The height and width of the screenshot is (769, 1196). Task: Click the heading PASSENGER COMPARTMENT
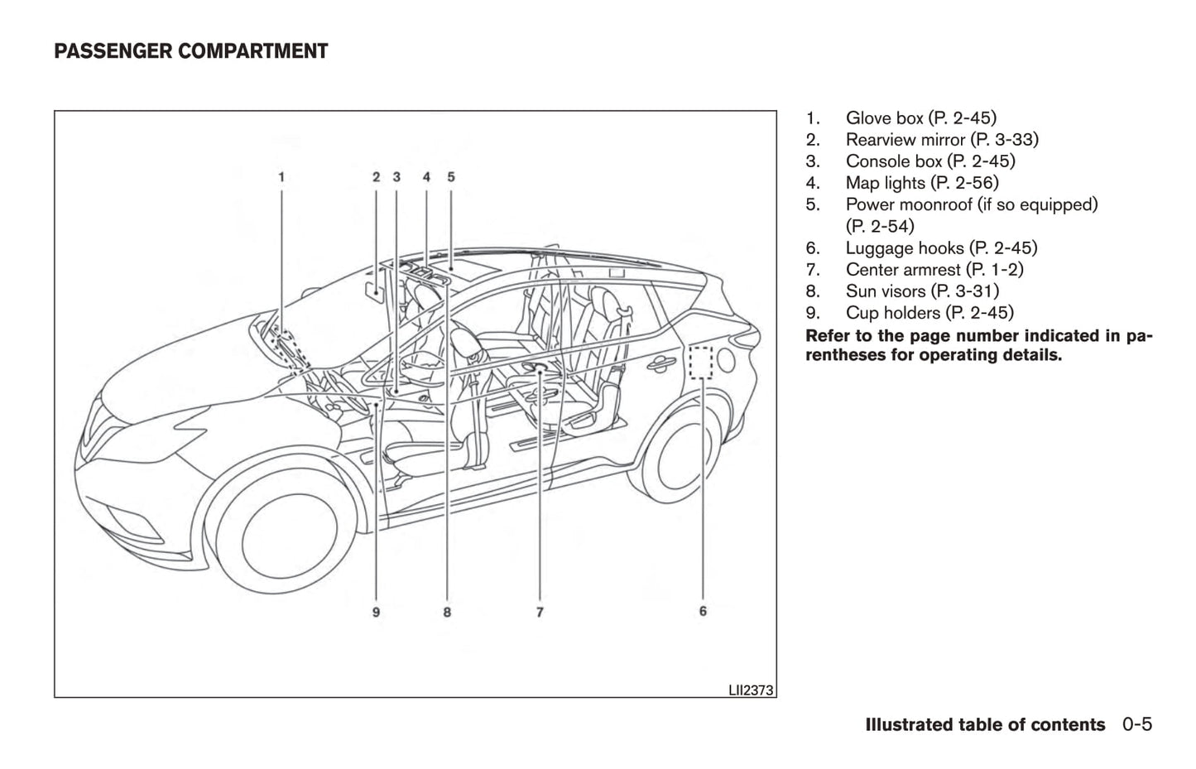[190, 51]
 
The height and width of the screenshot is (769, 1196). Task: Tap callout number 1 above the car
[281, 176]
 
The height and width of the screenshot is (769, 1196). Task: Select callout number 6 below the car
[703, 611]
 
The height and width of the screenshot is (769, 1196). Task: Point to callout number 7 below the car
[540, 613]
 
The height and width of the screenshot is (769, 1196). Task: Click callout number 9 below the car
[376, 613]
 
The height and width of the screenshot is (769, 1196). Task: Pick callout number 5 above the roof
[451, 176]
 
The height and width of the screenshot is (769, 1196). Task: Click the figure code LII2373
[751, 690]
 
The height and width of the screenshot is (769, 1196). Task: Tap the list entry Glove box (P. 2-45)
[920, 118]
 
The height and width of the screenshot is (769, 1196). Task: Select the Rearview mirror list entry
[941, 140]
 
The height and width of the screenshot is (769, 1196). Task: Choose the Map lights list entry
[921, 183]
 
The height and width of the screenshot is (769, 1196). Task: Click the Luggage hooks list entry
[940, 248]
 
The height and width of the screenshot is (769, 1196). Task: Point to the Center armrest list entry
[934, 270]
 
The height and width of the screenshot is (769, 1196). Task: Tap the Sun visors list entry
[921, 291]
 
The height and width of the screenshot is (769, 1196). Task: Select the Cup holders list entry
[929, 313]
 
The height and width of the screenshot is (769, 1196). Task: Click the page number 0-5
[1137, 724]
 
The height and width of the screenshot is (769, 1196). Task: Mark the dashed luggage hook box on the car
[700, 362]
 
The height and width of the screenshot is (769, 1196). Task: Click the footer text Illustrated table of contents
[984, 725]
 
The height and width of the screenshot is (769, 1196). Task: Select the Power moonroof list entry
[971, 205]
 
